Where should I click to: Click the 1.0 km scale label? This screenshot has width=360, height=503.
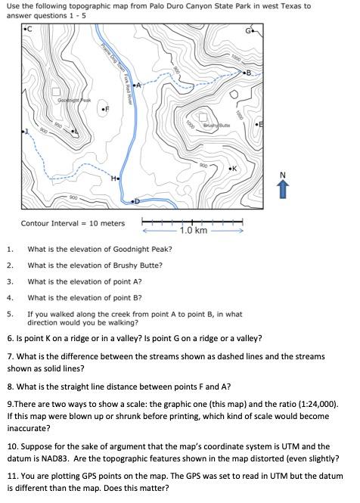(x=194, y=230)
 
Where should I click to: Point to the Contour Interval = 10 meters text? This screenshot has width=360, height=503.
(x=73, y=223)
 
